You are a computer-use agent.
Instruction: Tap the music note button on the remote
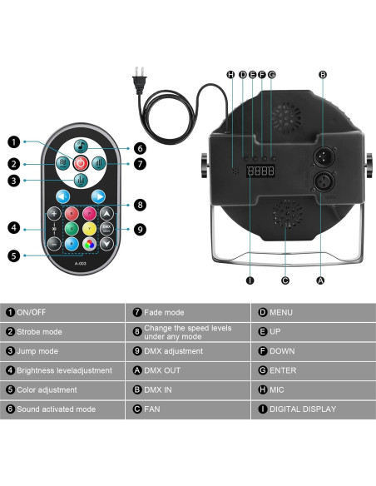tap(82, 142)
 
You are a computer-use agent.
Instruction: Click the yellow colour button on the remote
tap(89, 228)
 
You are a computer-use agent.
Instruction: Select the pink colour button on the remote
tap(89, 212)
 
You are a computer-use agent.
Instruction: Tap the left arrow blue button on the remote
tap(62, 196)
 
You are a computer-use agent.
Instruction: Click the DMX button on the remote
tap(106, 228)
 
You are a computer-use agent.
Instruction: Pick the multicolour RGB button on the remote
tap(89, 244)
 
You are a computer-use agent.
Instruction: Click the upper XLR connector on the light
tap(321, 158)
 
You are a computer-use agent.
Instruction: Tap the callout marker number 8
tap(141, 204)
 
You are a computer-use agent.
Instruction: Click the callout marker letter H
tap(231, 75)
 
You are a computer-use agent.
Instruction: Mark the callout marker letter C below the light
tap(285, 280)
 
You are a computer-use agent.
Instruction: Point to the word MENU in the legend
tap(281, 312)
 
